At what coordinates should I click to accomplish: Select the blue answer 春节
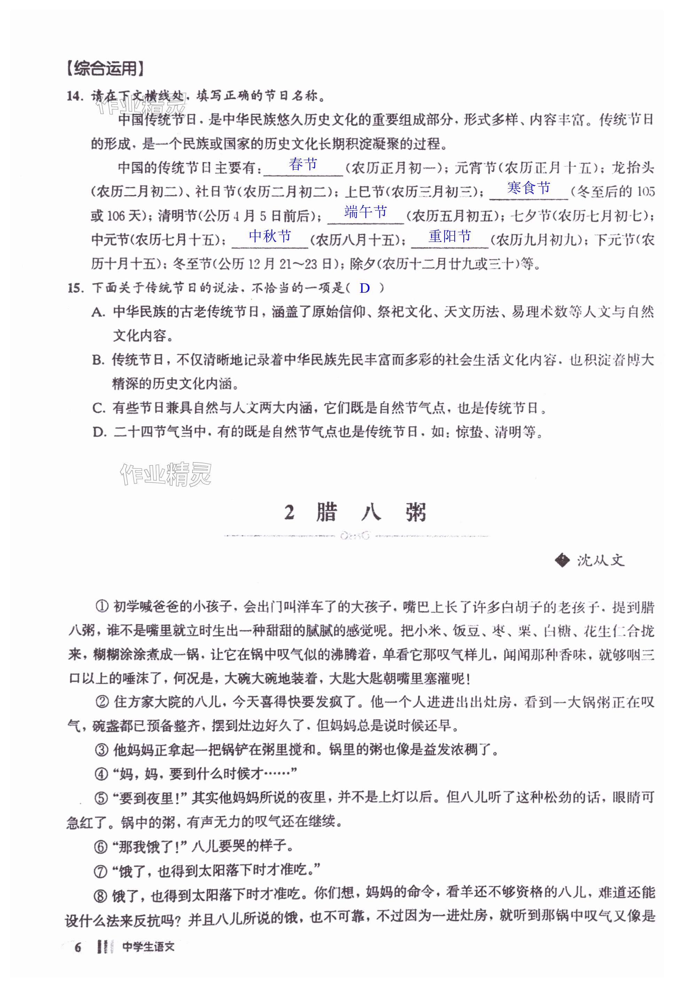click(303, 164)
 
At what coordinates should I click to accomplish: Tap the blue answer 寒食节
click(528, 188)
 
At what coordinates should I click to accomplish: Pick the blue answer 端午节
click(366, 211)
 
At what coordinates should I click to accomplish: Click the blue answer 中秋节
click(270, 236)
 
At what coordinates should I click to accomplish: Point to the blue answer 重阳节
click(449, 236)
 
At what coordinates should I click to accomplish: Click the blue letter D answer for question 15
click(365, 289)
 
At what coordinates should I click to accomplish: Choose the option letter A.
click(98, 313)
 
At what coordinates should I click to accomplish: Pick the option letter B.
click(98, 361)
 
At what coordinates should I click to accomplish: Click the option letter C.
click(98, 409)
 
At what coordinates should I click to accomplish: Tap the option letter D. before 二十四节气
click(99, 433)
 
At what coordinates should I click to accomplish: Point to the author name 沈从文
click(600, 560)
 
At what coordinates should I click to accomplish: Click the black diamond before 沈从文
click(562, 560)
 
